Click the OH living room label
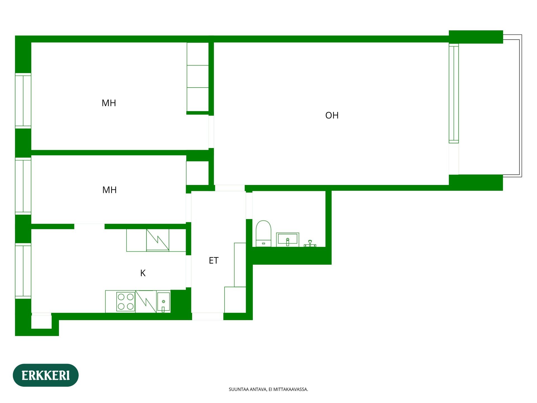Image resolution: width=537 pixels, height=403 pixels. (332, 115)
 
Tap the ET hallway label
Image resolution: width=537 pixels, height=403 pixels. (213, 261)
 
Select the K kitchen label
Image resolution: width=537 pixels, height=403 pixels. (143, 273)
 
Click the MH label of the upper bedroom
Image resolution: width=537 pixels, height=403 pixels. (109, 103)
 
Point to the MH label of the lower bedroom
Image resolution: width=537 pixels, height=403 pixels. (109, 190)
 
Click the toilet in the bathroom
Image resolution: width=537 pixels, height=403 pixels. (263, 234)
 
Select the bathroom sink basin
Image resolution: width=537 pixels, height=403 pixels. (288, 240)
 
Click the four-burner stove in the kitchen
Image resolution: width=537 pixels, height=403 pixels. (126, 301)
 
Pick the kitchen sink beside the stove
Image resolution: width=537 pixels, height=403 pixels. (164, 302)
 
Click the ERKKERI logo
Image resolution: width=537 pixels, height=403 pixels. (46, 375)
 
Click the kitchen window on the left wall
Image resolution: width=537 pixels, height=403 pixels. (23, 271)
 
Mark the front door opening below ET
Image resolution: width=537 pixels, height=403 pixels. (208, 317)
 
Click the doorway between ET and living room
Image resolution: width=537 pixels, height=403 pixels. (230, 188)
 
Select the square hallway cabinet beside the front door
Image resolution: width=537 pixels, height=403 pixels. (235, 300)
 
